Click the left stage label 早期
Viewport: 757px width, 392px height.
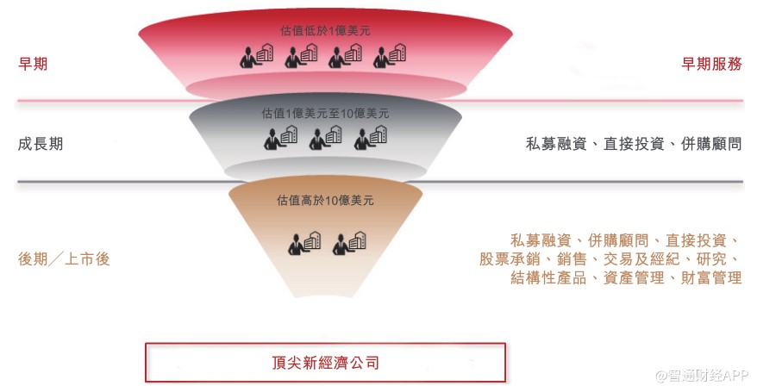click(x=34, y=64)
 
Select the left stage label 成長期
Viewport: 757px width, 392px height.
click(x=41, y=144)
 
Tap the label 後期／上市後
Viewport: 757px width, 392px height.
click(x=64, y=258)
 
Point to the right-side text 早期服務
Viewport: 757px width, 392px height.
click(x=711, y=64)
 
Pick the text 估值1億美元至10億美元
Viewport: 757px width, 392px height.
click(x=325, y=113)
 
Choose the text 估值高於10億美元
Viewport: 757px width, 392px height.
click(x=325, y=200)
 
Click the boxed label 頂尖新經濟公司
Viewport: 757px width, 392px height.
click(x=325, y=362)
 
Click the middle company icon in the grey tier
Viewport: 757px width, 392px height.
click(x=326, y=138)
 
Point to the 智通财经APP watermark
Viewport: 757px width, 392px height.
click(x=700, y=376)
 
